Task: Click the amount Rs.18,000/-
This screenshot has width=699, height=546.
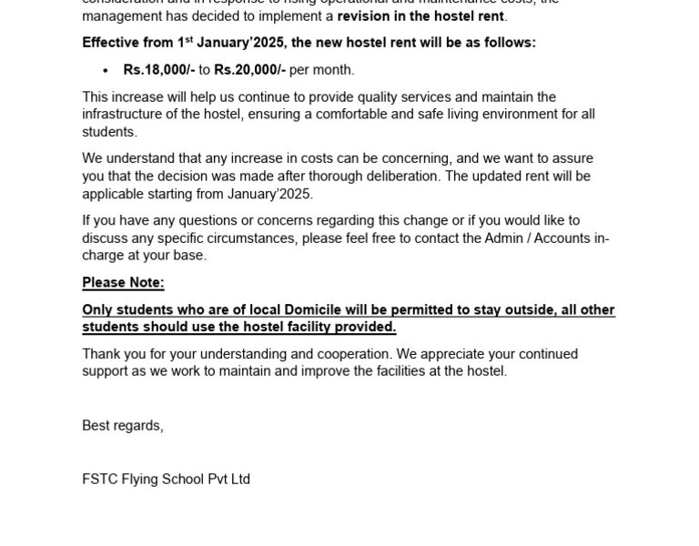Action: pos(159,70)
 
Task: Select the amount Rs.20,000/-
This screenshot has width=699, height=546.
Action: pos(249,70)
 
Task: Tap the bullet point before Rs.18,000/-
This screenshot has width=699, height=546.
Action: pos(106,70)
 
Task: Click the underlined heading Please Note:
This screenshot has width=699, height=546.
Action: pos(123,283)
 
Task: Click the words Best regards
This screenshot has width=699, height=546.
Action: pos(122,426)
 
